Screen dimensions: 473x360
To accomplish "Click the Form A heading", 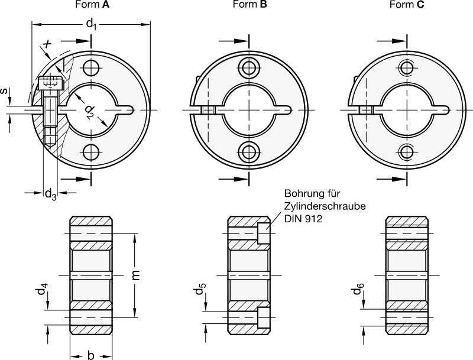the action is pos(92,5).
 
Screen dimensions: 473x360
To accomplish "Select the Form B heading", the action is pos(250,5).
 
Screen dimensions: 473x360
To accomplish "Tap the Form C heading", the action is pos(407,5).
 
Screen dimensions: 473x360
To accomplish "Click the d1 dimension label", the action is pos(91,24).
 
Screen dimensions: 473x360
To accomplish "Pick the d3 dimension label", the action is pos(50,194).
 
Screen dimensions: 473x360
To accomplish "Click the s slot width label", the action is pos(4,91).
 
